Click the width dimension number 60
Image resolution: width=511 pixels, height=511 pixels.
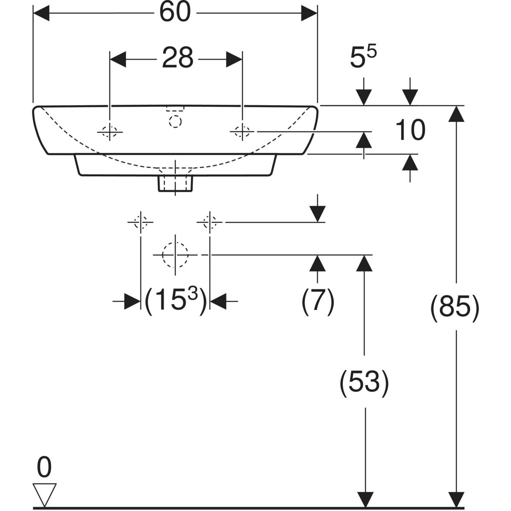[x=175, y=13]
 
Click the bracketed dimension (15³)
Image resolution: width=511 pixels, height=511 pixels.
[x=175, y=301]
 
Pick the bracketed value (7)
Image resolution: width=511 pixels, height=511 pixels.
[x=318, y=301]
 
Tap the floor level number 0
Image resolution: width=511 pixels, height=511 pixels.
[x=44, y=468]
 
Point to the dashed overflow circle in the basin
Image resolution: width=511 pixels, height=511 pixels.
[x=175, y=121]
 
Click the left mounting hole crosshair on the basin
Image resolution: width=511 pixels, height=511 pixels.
[x=110, y=132]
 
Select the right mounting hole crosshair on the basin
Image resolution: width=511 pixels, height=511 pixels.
[x=242, y=132]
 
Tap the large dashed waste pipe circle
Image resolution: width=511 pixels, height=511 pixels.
[x=175, y=255]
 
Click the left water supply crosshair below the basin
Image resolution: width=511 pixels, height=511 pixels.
[x=141, y=222]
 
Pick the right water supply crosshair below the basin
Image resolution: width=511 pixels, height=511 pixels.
[x=210, y=222]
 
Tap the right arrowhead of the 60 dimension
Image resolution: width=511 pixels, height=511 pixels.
[x=309, y=14]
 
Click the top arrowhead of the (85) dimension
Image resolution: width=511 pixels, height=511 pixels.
[x=456, y=113]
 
